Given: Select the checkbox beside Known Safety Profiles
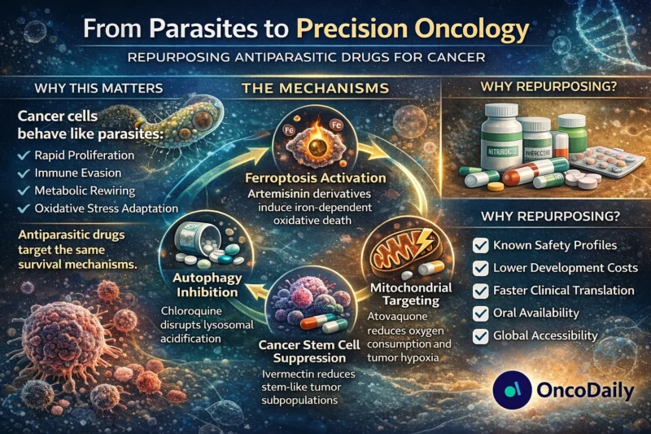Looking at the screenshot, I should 480,244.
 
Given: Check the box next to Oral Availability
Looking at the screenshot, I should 480,313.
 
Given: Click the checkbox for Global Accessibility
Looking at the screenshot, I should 480,335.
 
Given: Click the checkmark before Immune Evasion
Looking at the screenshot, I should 27,172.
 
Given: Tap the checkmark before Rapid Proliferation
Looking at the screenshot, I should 27,154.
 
